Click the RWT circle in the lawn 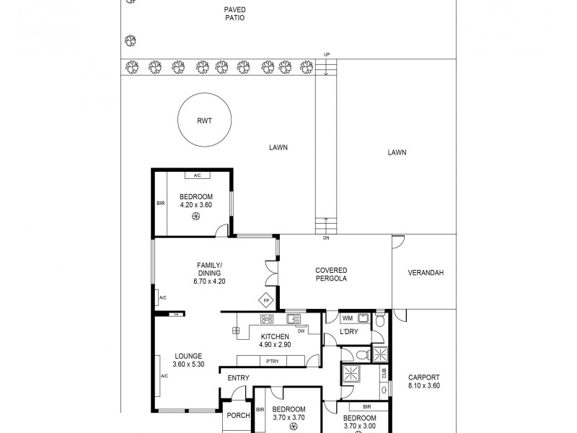tap(205, 121)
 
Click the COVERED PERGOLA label tap(331, 274)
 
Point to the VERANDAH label tap(426, 273)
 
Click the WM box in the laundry tap(347, 318)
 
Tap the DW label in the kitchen tap(301, 331)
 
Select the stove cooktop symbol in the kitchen tap(267, 319)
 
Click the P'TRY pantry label tap(273, 362)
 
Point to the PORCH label tap(238, 416)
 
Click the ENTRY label tap(239, 378)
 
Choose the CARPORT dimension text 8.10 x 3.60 tap(424, 386)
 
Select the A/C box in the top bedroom tap(196, 175)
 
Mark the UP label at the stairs tap(327, 55)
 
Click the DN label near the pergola tap(326, 239)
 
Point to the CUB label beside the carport tap(384, 372)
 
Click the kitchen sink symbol tap(294, 318)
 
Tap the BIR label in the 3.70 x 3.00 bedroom tap(366, 407)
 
